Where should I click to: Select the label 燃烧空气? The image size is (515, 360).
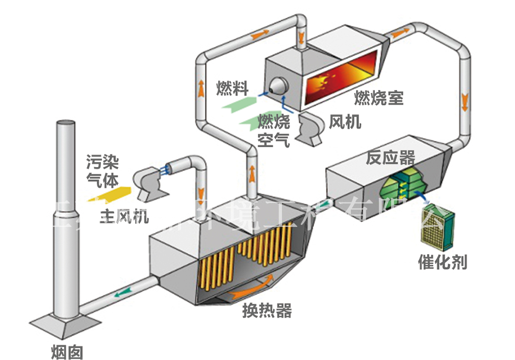273,131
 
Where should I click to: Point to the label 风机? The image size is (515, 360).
345,122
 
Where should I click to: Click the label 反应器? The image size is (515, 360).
391,158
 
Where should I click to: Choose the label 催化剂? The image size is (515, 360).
442,262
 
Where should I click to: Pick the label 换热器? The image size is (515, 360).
267,311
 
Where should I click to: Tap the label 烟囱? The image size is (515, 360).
67,352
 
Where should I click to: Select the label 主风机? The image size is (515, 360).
124,217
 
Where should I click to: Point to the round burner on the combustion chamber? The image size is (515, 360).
278,85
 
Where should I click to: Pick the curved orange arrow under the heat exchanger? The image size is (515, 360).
253,288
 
